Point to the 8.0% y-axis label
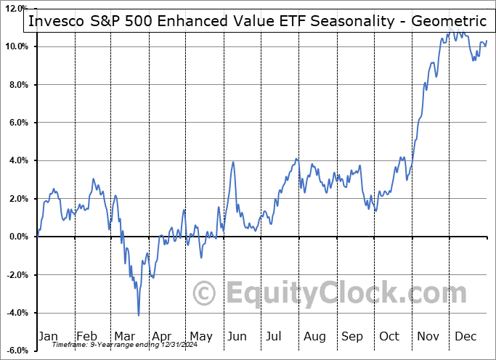16,85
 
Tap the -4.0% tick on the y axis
15,313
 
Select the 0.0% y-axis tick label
16,237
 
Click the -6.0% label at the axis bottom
15,351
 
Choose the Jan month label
49,336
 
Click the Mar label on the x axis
124,336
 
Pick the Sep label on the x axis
352,336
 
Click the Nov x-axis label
428,336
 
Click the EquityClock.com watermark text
344,294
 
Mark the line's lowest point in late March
138,314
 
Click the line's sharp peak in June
233,162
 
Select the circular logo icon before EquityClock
205,293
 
